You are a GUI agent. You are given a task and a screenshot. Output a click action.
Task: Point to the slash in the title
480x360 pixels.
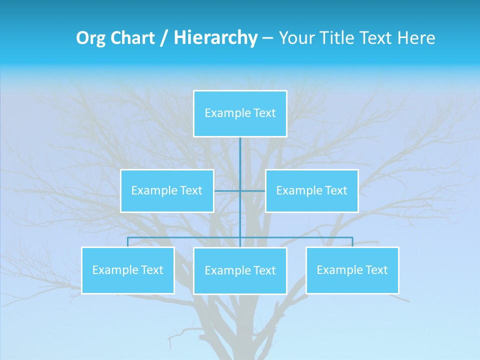tap(164, 38)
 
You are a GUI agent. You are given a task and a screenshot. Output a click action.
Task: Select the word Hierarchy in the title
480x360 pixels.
tap(215, 38)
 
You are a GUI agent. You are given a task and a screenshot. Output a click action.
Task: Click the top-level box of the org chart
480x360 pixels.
tap(240, 113)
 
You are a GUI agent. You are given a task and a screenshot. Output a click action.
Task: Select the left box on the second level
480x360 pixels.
tap(167, 190)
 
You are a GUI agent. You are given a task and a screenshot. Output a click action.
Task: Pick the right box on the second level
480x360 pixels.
tap(311, 190)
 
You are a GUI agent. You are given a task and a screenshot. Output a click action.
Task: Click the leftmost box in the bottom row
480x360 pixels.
tap(127, 270)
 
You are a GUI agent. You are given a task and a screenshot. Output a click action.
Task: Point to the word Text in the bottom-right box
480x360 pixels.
tap(376, 270)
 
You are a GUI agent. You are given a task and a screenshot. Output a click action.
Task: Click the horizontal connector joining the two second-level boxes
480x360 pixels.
tap(252, 190)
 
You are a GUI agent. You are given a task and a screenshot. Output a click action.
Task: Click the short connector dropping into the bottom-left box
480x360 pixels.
tap(127, 242)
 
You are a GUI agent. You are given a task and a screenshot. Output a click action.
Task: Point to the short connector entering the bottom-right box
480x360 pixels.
tap(352, 242)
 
